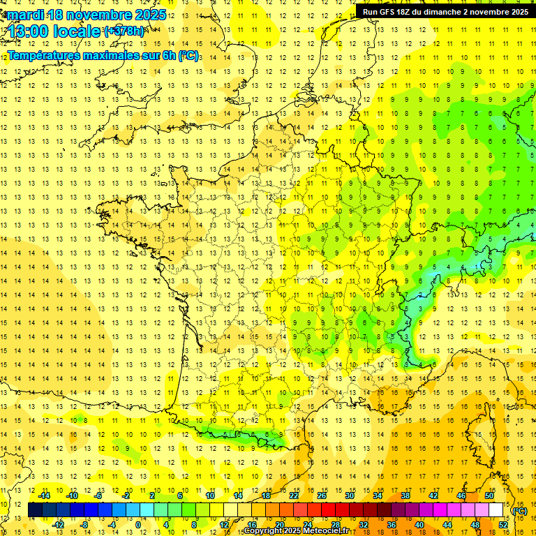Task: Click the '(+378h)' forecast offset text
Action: (x=124, y=31)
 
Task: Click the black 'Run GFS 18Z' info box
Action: (x=445, y=11)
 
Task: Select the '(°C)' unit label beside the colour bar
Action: (x=519, y=512)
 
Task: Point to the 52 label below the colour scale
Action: (x=503, y=524)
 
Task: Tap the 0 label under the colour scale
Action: (x=137, y=524)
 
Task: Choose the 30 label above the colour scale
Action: (x=349, y=496)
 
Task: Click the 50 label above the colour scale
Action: (x=489, y=496)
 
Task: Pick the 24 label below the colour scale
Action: (x=307, y=524)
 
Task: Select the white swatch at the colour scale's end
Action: (x=496, y=510)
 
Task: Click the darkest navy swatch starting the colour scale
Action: (x=36, y=510)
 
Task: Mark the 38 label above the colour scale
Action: (x=405, y=496)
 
